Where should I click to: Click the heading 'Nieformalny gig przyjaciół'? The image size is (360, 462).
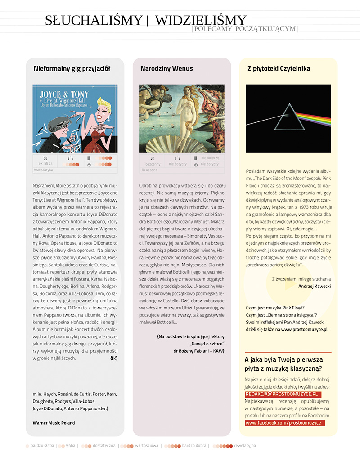72,69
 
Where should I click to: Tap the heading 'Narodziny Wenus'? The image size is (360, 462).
166,69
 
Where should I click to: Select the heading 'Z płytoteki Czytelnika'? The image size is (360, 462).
279,69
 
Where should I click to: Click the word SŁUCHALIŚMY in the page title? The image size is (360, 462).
94,20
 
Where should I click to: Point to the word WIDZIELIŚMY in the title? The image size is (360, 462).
201,20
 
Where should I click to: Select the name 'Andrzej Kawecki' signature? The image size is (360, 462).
315,286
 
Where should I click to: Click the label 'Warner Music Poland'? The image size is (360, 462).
54,423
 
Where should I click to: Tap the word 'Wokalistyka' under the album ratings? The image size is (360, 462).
44,170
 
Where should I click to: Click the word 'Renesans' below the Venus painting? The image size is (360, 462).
149,170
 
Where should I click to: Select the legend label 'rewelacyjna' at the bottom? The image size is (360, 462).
245,446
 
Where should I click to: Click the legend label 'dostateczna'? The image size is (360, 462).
104,446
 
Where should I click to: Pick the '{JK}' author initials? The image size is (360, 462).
113,358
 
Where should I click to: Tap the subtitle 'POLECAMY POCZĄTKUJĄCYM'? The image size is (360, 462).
245,29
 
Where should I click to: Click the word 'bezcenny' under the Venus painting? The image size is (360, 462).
153,164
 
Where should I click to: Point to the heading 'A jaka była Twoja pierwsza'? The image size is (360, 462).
283,359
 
